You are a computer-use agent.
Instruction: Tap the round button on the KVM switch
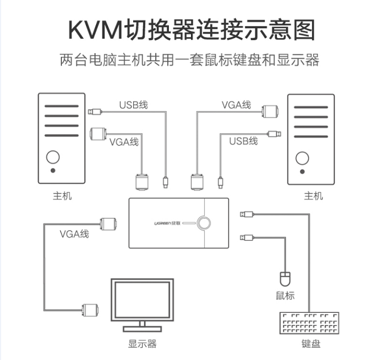click(206, 224)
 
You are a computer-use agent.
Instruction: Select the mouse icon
click(285, 278)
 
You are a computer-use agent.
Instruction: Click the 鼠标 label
click(285, 296)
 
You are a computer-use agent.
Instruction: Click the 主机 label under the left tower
click(62, 195)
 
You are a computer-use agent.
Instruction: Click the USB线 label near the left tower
click(133, 105)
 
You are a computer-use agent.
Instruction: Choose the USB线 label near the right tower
click(244, 141)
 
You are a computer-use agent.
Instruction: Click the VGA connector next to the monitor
click(89, 310)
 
